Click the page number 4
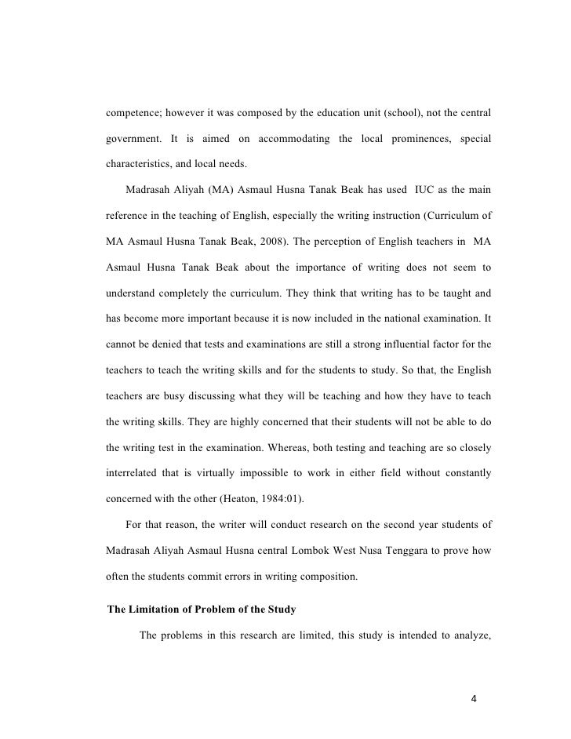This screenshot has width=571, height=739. coord(474,697)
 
